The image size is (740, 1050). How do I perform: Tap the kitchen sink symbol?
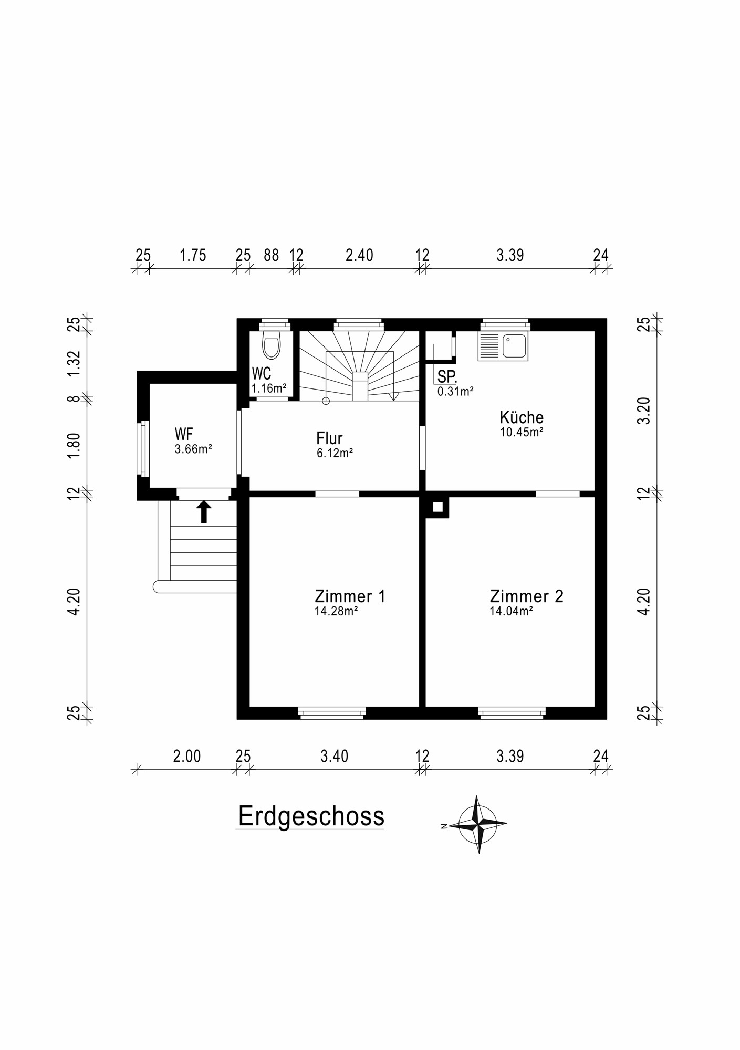coord(503,346)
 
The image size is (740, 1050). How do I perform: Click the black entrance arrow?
coord(204,512)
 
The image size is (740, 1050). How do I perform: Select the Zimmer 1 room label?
coord(350,596)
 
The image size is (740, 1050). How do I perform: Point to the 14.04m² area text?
coord(511,611)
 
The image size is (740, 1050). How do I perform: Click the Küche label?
coord(521,418)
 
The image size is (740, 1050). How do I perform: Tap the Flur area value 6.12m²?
coord(335,453)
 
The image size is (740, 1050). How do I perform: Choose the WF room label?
coord(184,434)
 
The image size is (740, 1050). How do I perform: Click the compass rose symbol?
coord(477,825)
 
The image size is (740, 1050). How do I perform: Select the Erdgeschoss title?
coord(311,816)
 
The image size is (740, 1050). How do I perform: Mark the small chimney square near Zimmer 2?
coord(437,507)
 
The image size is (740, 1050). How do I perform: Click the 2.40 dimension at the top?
coord(359,256)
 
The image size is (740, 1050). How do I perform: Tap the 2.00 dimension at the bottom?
coord(187,757)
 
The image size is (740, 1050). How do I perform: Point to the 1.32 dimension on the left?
coord(74,363)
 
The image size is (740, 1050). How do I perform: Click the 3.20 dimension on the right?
coord(644,411)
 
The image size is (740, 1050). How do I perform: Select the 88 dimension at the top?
coord(271,256)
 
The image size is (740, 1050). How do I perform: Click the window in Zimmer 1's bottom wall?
coord(332,712)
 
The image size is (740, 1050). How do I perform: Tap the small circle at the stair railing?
coord(326,401)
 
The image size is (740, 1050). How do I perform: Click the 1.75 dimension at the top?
coord(193,256)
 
